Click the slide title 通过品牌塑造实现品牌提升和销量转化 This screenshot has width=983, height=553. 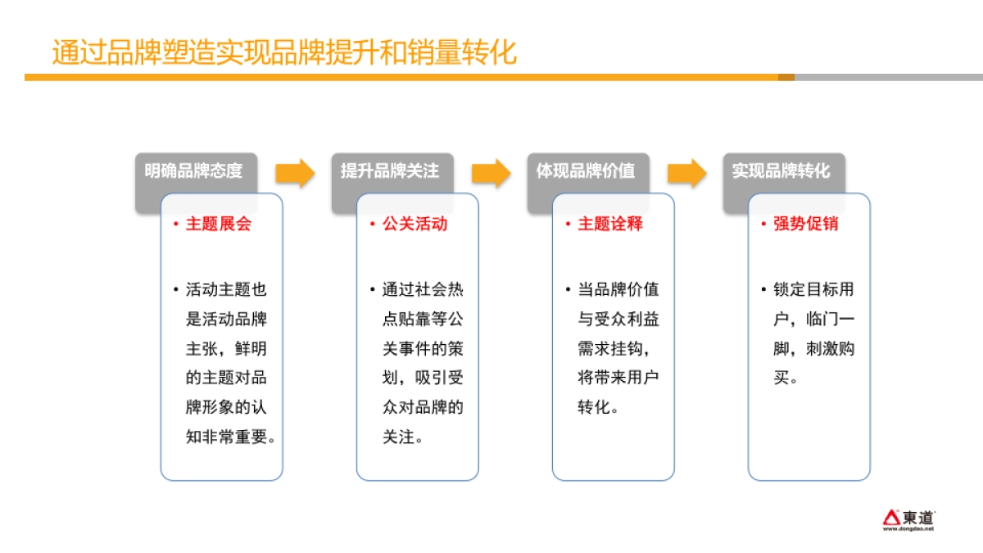click(284, 52)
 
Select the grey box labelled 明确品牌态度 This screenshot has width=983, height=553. click(195, 171)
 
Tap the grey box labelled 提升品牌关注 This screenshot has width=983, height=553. click(391, 171)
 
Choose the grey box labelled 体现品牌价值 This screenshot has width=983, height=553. click(587, 171)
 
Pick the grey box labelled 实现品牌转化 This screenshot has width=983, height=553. click(782, 171)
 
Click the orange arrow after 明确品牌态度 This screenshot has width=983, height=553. click(295, 172)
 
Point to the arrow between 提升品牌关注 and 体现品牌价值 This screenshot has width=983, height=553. click(491, 172)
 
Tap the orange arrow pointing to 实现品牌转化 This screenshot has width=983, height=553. click(686, 172)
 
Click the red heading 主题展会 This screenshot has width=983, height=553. click(218, 224)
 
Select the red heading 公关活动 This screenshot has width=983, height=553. click(414, 224)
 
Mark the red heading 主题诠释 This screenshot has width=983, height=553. click(610, 224)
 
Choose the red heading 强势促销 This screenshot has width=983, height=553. click(806, 224)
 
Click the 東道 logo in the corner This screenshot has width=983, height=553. click(908, 519)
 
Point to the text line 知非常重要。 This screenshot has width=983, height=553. click(230, 437)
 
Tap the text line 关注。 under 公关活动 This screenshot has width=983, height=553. click(403, 437)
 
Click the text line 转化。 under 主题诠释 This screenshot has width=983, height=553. click(599, 408)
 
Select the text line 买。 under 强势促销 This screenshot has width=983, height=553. click(786, 378)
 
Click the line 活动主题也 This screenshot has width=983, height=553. click(226, 290)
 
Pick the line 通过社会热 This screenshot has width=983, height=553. click(423, 290)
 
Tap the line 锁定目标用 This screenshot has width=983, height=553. click(813, 290)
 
